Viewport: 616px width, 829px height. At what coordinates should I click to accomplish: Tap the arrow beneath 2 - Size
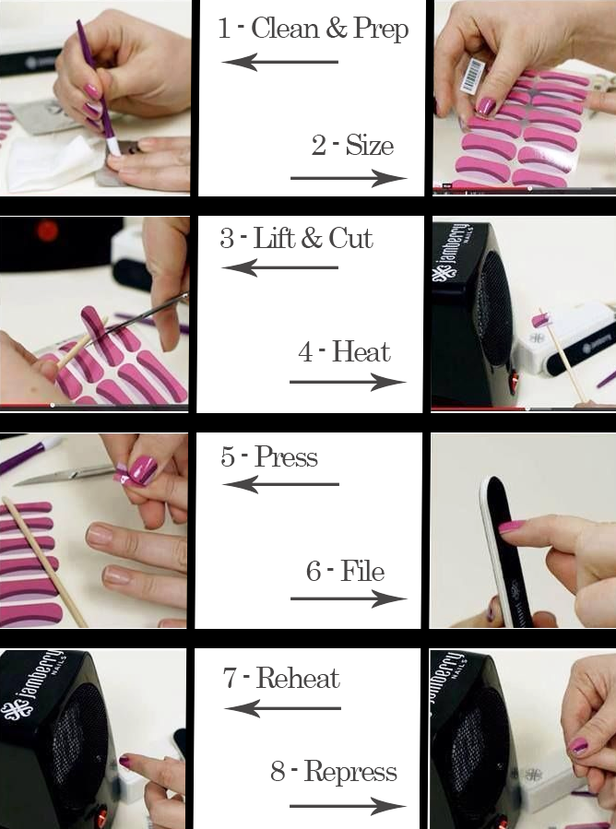pyautogui.click(x=349, y=178)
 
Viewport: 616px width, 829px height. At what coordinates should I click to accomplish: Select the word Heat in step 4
pyautogui.click(x=361, y=351)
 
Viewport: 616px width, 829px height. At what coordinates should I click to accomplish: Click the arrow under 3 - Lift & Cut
pyautogui.click(x=279, y=267)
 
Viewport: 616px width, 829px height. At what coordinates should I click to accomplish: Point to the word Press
pyautogui.click(x=286, y=456)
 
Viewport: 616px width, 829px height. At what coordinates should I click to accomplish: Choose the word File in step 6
pyautogui.click(x=362, y=571)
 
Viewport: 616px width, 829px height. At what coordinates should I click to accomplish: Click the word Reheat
pyautogui.click(x=298, y=679)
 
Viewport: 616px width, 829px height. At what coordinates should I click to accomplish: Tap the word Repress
pyautogui.click(x=350, y=772)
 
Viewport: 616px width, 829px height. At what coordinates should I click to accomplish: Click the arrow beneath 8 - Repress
pyautogui.click(x=349, y=806)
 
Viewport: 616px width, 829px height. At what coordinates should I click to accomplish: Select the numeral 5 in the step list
pyautogui.click(x=228, y=456)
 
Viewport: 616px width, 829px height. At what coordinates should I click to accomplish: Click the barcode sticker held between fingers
pyautogui.click(x=472, y=76)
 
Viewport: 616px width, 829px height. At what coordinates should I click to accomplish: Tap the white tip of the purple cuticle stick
pyautogui.click(x=113, y=147)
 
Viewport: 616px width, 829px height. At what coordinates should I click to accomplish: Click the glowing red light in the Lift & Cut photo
pyautogui.click(x=47, y=231)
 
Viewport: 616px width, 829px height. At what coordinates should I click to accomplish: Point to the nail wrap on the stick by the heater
pyautogui.click(x=541, y=319)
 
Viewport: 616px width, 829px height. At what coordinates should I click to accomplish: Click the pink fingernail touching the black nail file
pyautogui.click(x=511, y=526)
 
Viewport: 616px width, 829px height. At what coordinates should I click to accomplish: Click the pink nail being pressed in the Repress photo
pyautogui.click(x=578, y=745)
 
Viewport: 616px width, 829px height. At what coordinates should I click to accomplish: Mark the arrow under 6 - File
pyautogui.click(x=349, y=599)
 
